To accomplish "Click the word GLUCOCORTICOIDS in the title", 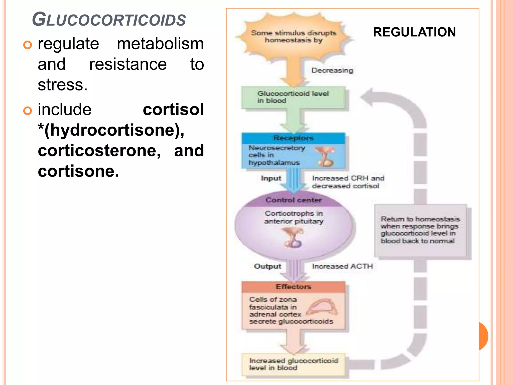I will coord(109,20).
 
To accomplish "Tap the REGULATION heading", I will coord(414,32).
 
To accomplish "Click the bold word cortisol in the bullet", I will coord(173,110).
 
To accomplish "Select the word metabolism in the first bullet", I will coord(160,44).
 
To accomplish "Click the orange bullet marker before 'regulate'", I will coord(28,45).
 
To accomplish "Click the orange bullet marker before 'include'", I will coord(28,111).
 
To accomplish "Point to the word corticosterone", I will coord(99,151).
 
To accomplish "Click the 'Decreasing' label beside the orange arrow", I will coord(332,70).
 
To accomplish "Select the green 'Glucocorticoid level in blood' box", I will coord(293,97).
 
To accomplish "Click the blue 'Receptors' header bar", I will coord(293,138).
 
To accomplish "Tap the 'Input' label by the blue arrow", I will coord(271,178).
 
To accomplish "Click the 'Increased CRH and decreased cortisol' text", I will coord(348,182).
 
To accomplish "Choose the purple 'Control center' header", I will coord(293,200).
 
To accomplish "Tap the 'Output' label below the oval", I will coord(268,266).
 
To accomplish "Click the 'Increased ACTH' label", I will coord(342,266).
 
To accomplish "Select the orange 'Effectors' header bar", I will coord(293,287).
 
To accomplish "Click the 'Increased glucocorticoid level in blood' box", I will coord(293,364).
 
